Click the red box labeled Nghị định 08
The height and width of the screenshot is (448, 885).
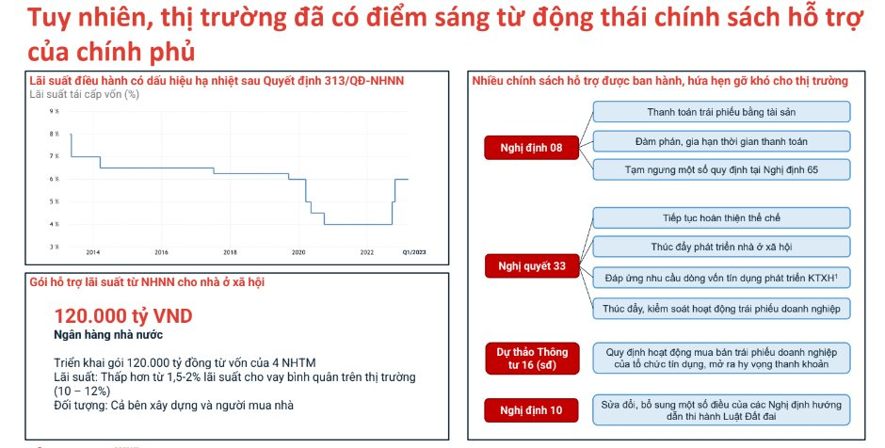pos(532,148)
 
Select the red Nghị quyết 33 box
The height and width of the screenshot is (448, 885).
pos(532,265)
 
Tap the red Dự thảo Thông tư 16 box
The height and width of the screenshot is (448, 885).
pos(532,359)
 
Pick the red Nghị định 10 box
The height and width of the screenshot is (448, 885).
pos(532,410)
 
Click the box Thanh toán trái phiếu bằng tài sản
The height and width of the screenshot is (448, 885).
pos(721,112)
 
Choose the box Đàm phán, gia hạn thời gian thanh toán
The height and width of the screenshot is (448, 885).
pos(721,141)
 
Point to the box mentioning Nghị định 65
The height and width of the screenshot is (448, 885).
pos(721,169)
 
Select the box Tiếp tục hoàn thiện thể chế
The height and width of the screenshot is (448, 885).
pos(721,217)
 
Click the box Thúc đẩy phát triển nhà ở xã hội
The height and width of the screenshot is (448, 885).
pos(721,247)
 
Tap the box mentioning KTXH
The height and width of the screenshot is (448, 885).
pos(721,278)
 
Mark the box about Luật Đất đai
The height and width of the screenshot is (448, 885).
pos(721,410)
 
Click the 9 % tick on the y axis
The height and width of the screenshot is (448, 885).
pos(55,111)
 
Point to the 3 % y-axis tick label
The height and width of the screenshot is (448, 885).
pos(55,247)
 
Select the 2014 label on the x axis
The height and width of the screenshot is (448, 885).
pos(92,252)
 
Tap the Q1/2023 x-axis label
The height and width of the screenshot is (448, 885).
pos(414,252)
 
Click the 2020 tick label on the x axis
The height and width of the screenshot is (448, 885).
pos(298,252)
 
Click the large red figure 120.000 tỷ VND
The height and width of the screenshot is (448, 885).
pos(123,316)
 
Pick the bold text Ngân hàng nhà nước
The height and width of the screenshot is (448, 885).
pos(108,335)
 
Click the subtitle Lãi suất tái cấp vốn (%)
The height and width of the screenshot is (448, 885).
pos(84,94)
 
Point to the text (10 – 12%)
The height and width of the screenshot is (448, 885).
pos(82,391)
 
